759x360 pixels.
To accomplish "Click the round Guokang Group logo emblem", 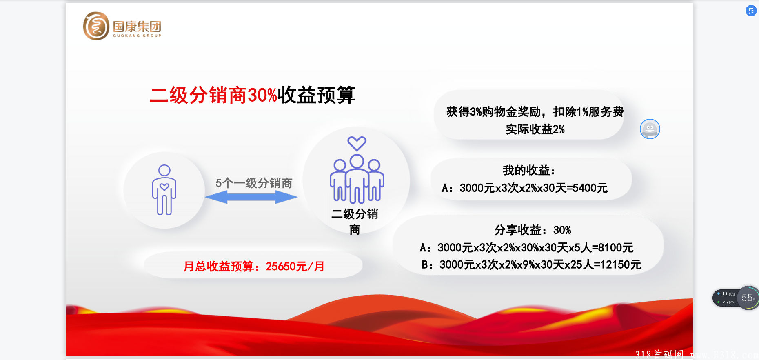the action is click(x=96, y=26).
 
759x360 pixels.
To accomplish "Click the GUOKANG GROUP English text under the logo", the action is click(x=137, y=36).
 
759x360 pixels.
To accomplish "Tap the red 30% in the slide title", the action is click(x=262, y=96).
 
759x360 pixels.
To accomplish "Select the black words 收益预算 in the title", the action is click(x=317, y=96).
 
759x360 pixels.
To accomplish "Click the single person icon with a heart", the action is click(x=164, y=190).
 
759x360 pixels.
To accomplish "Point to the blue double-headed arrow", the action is click(x=251, y=198).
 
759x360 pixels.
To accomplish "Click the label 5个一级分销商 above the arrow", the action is click(x=254, y=183).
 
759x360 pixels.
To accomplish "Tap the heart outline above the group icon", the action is click(x=357, y=144).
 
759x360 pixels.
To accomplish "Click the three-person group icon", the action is click(x=357, y=179).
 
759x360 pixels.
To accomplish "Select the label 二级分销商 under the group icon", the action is click(x=355, y=222).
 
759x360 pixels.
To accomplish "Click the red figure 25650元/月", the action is click(x=295, y=267).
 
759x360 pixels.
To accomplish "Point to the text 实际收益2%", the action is click(x=535, y=129).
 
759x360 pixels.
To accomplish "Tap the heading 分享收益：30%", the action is click(x=533, y=230).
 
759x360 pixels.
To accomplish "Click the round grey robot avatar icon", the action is click(x=650, y=129).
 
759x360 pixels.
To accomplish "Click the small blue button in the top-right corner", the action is click(x=751, y=11).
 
